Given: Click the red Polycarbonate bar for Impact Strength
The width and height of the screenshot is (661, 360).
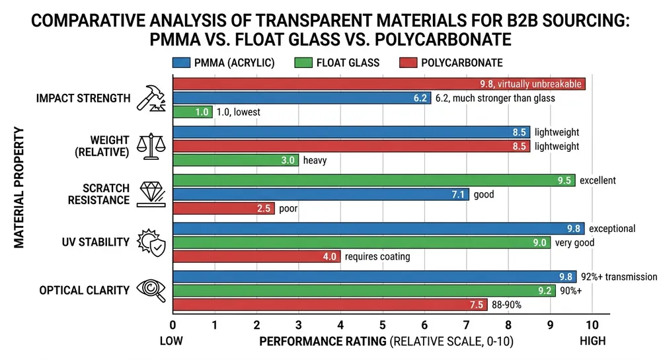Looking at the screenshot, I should tap(379, 84).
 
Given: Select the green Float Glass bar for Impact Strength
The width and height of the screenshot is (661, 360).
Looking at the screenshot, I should tap(192, 112).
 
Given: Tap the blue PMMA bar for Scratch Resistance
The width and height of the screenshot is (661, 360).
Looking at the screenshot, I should tap(321, 195).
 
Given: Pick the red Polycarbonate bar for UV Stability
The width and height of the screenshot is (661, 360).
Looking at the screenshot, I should tap(256, 257).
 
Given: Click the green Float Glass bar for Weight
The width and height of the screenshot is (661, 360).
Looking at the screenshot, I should tap(235, 160).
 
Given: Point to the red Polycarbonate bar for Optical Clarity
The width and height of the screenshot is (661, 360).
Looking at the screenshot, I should tap(330, 305).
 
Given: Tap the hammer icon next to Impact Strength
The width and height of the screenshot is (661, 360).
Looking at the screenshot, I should tap(150, 98).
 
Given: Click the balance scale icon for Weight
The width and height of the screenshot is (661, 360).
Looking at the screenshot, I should tap(150, 145).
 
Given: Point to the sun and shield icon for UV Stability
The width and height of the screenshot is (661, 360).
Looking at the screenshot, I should tap(150, 242).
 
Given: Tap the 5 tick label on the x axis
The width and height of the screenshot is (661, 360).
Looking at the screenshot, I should tap(382, 325).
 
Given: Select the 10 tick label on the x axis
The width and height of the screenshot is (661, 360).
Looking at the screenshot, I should tap(592, 325).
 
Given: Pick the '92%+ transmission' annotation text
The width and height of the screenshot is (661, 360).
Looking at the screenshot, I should tap(619, 277).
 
